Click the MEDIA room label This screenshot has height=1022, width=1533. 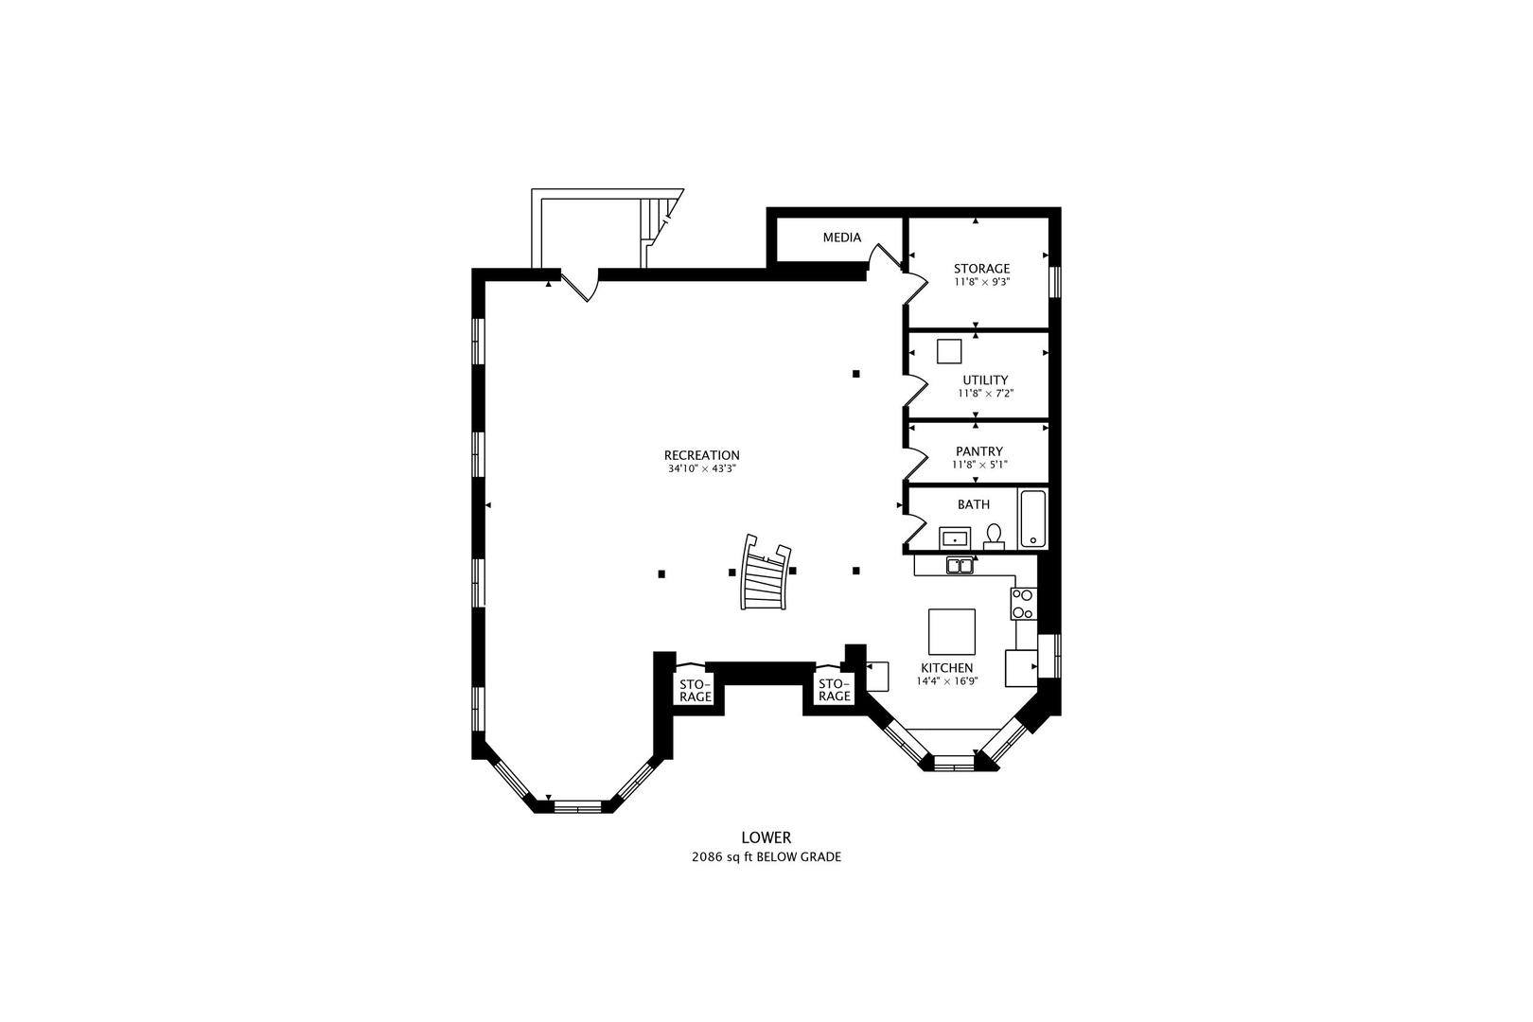click(842, 238)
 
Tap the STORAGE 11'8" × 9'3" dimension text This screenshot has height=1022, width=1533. click(982, 281)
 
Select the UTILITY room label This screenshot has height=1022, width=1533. click(985, 379)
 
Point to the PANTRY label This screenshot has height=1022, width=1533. click(979, 451)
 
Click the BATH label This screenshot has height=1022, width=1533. click(973, 504)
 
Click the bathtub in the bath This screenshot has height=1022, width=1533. click(1032, 519)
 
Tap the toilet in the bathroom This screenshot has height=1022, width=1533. click(994, 537)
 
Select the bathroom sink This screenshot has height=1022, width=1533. click(954, 538)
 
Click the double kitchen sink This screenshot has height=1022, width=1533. click(960, 566)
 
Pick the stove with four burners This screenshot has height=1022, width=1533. click(1023, 604)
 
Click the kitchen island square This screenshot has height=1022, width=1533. click(951, 631)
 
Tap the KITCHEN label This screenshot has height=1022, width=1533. click(946, 668)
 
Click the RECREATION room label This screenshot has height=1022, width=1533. click(701, 455)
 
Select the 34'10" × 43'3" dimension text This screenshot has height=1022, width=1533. click(701, 469)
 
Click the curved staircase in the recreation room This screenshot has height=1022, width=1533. click(766, 572)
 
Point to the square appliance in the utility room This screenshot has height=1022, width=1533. click(948, 351)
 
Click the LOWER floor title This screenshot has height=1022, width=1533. click(766, 837)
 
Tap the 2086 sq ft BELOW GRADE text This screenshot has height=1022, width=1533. click(766, 856)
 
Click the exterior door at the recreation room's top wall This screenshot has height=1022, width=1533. click(580, 285)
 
